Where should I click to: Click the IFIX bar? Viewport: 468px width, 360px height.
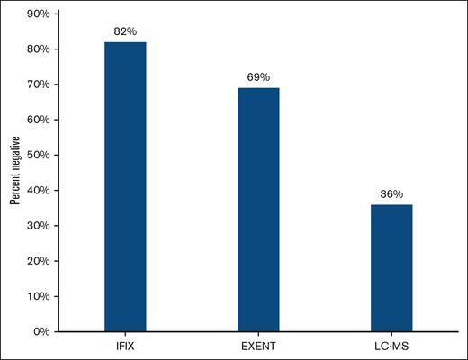(x=125, y=186)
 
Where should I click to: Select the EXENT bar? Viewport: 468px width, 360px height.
(x=258, y=209)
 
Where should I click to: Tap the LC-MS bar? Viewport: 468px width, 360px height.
(x=391, y=267)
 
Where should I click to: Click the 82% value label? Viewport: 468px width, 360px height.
(x=125, y=31)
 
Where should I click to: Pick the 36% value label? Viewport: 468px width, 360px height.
(x=391, y=194)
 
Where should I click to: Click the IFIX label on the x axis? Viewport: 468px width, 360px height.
(x=125, y=345)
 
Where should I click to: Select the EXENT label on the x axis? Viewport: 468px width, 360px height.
(x=258, y=345)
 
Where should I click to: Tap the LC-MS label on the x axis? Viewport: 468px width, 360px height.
(x=391, y=345)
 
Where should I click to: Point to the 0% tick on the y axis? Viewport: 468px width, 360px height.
(x=40, y=331)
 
